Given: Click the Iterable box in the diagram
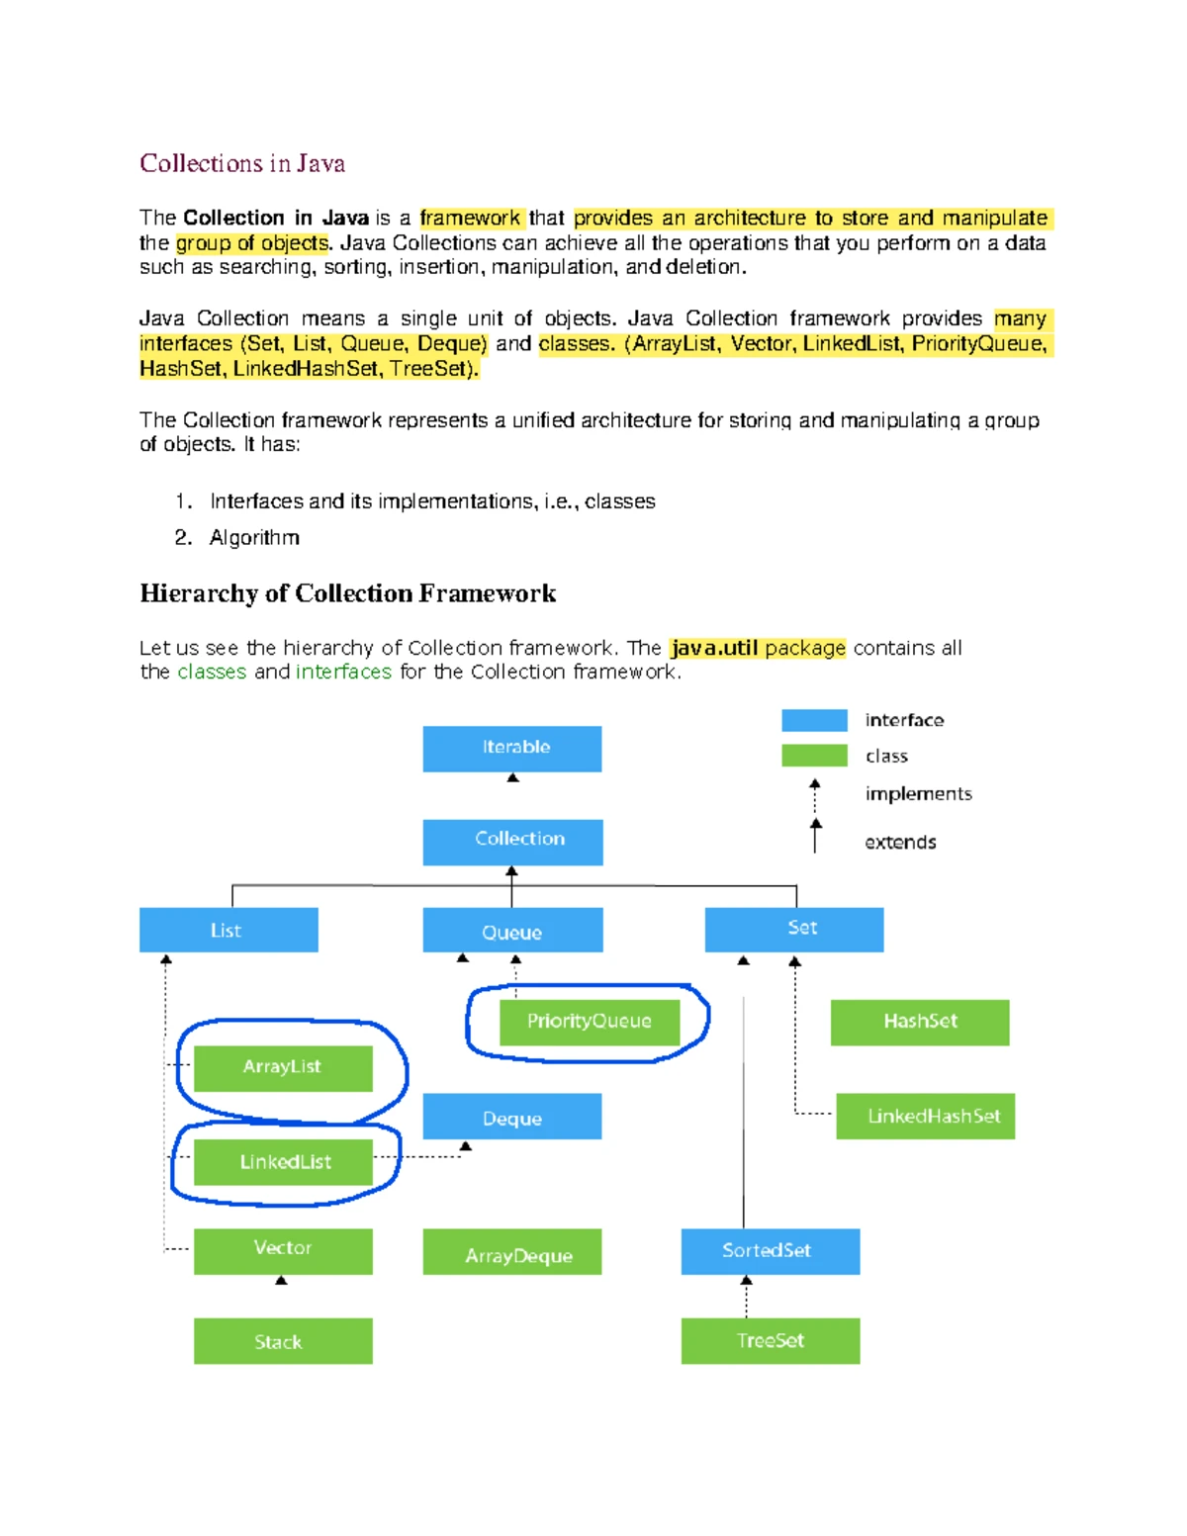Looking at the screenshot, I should [511, 749].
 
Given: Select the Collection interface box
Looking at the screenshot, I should [512, 842].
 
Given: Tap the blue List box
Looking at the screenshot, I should [228, 930].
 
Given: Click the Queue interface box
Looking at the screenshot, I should [512, 931].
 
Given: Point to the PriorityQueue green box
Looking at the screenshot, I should [590, 1022].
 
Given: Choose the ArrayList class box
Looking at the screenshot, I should [283, 1068].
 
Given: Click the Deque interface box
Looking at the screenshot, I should [511, 1117].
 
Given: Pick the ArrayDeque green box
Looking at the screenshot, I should [511, 1252].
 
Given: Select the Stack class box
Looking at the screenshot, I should [283, 1341].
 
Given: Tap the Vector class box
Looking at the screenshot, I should [283, 1251].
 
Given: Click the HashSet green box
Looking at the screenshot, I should [920, 1022].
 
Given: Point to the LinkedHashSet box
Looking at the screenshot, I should [925, 1116].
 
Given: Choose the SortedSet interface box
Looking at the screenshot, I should [770, 1251].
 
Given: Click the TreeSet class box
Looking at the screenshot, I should [770, 1341].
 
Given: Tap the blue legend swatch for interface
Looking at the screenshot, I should [814, 720].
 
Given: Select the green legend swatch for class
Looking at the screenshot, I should [814, 756].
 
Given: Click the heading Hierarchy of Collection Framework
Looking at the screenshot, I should [347, 593].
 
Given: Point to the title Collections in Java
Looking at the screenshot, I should [242, 163].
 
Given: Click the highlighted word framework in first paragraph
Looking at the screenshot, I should [470, 218].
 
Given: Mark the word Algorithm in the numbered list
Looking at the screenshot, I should [254, 537].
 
